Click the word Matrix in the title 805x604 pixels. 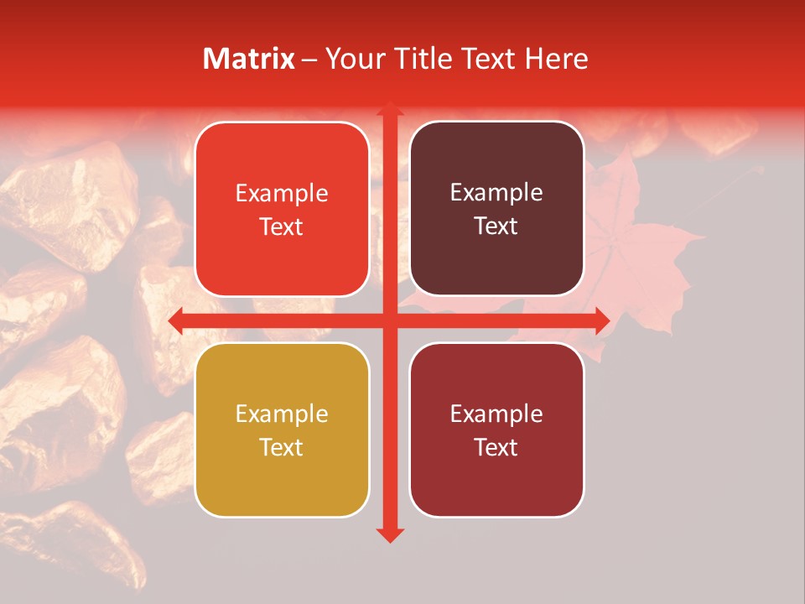click(x=249, y=59)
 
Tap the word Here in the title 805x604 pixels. click(x=556, y=59)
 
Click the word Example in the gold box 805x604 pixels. click(x=282, y=414)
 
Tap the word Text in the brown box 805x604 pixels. click(x=496, y=226)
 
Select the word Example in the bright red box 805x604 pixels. click(x=282, y=194)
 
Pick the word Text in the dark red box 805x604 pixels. click(x=496, y=447)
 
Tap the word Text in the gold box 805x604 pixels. click(x=282, y=447)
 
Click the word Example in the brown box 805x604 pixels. click(x=496, y=193)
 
